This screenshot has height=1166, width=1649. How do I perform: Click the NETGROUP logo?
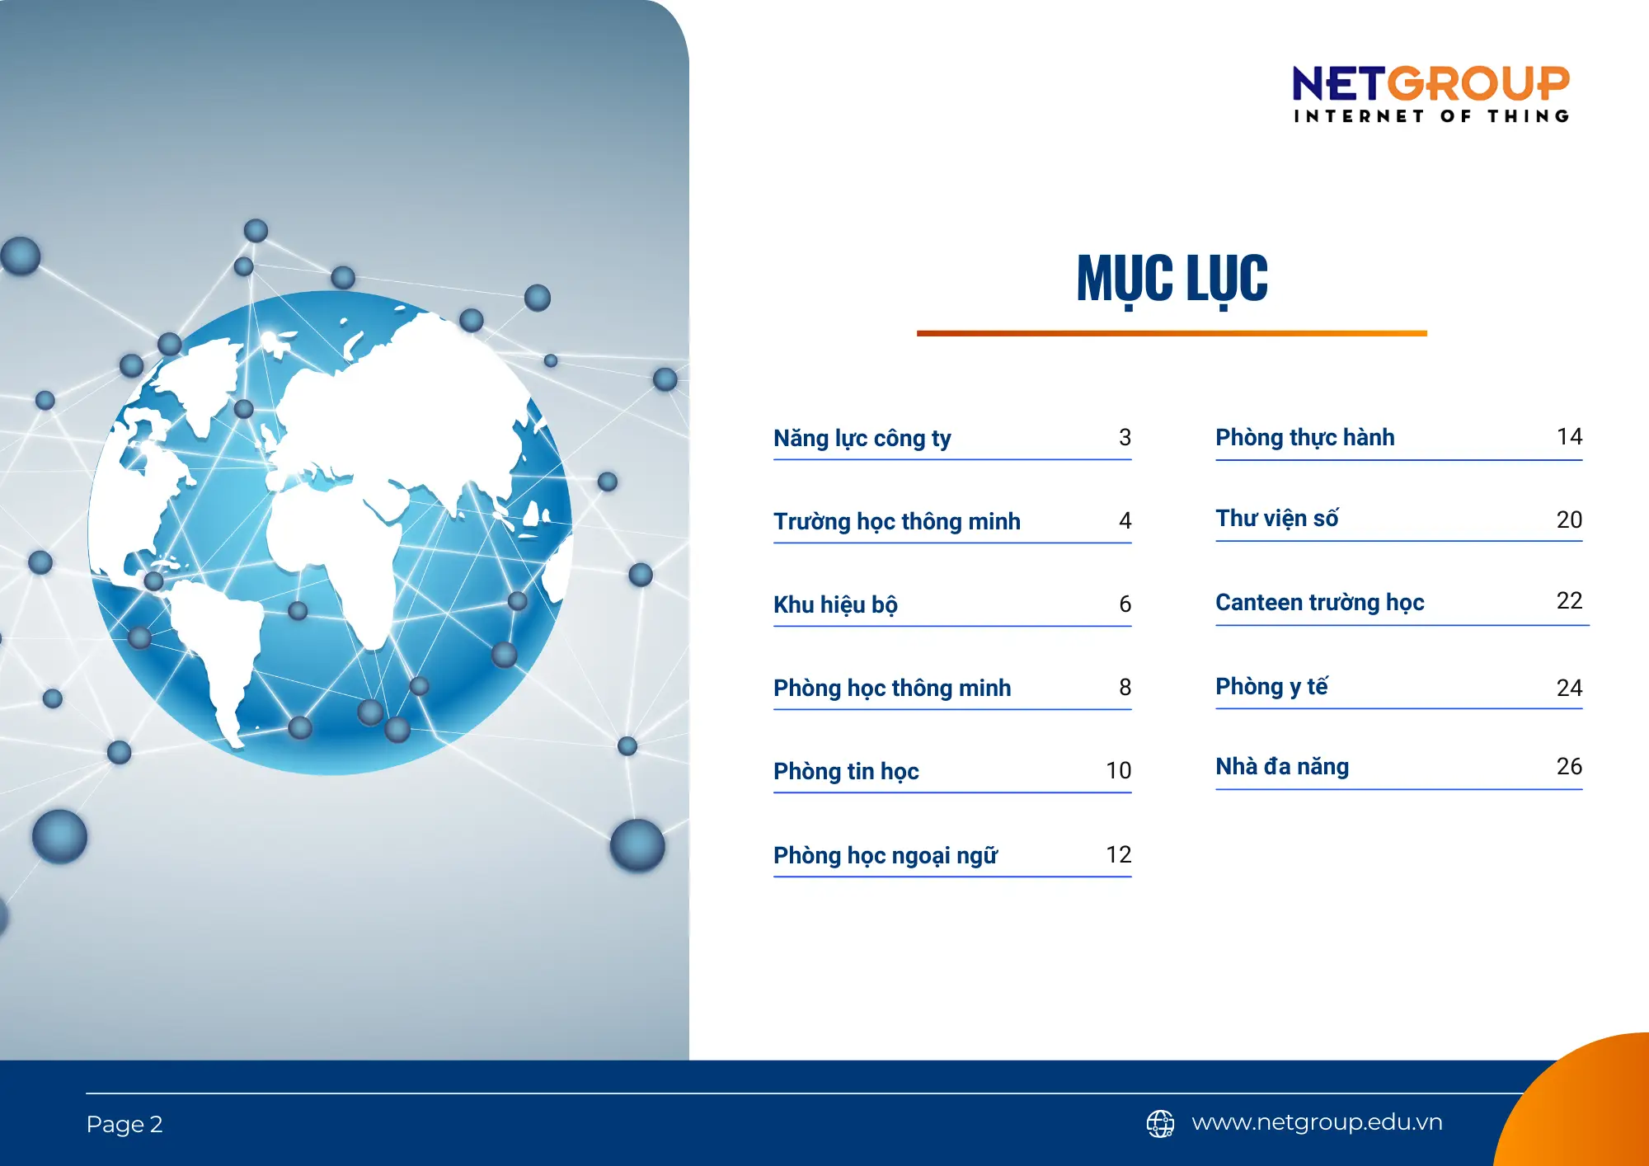[x=1431, y=93]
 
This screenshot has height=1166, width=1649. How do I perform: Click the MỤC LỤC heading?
[x=1172, y=279]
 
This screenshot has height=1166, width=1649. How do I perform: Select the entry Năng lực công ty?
[x=862, y=438]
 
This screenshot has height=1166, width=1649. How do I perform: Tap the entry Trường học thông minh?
[x=896, y=521]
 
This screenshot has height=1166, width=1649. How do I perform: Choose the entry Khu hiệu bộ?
[x=835, y=604]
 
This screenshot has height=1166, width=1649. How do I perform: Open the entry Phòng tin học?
[x=846, y=771]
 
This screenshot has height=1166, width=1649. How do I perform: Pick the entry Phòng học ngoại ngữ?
[x=885, y=855]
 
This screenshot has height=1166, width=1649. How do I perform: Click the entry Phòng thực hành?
[x=1304, y=437]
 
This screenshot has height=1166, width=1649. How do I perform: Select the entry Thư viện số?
[x=1276, y=519]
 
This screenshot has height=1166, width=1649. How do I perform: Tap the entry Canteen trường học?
[x=1319, y=602]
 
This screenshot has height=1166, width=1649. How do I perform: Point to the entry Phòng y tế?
[x=1271, y=686]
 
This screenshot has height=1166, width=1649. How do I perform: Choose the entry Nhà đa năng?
[x=1282, y=766]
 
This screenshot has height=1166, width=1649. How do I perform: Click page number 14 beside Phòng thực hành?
[x=1569, y=436]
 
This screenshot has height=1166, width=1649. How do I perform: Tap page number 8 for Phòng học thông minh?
[x=1125, y=687]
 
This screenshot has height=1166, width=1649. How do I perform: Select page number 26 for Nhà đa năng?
[x=1569, y=766]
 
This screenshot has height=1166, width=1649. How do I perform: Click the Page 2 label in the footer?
[x=124, y=1124]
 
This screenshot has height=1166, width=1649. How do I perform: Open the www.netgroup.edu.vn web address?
[x=1317, y=1122]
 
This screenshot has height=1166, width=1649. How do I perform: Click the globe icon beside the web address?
[x=1160, y=1123]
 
